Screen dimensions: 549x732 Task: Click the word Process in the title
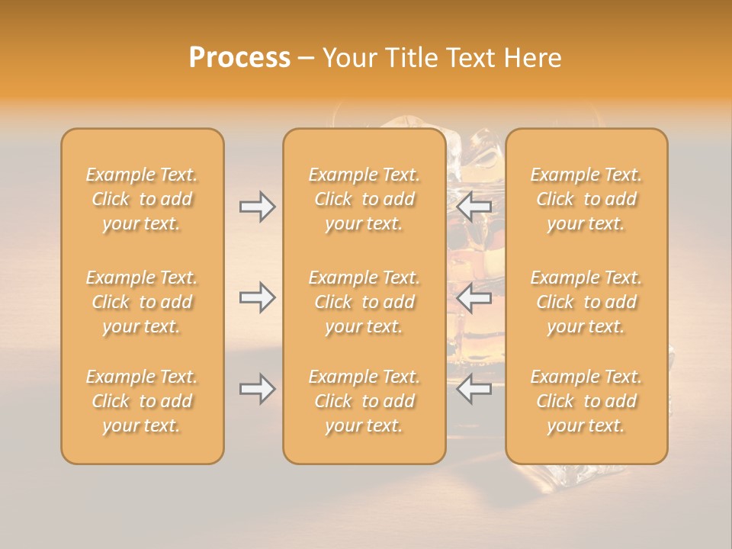point(239,58)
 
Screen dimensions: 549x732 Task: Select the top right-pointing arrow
point(258,207)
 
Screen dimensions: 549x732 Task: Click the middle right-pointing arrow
point(258,297)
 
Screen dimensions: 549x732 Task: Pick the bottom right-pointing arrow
point(258,390)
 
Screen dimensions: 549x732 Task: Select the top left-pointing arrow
point(474,207)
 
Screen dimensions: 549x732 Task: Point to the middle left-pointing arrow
point(474,297)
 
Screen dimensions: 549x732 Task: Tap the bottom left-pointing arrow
point(474,390)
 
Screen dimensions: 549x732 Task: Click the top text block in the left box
point(142,199)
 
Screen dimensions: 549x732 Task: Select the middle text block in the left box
point(142,302)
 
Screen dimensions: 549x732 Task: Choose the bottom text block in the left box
point(142,401)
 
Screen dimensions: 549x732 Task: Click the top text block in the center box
point(364,199)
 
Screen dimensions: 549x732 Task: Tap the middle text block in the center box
point(364,302)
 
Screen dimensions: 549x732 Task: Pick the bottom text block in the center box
point(364,401)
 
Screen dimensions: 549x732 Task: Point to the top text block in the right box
point(586,199)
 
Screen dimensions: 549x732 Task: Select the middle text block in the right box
point(586,302)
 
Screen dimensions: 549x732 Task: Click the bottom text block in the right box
point(586,401)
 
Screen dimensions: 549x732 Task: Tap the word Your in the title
point(348,58)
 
